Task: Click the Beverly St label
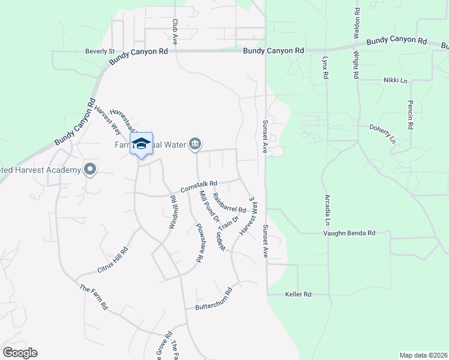click(100, 52)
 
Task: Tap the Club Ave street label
click(175, 31)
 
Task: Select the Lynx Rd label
click(325, 68)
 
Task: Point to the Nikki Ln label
click(395, 80)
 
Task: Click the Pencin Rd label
click(411, 115)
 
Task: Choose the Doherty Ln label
click(382, 134)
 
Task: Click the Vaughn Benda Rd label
click(349, 233)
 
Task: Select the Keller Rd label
click(298, 295)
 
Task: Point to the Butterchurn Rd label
click(214, 300)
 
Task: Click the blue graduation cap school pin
click(141, 144)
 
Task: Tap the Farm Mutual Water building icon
click(196, 144)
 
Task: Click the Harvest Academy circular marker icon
click(90, 170)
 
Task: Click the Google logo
click(20, 353)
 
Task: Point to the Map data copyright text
click(423, 355)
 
